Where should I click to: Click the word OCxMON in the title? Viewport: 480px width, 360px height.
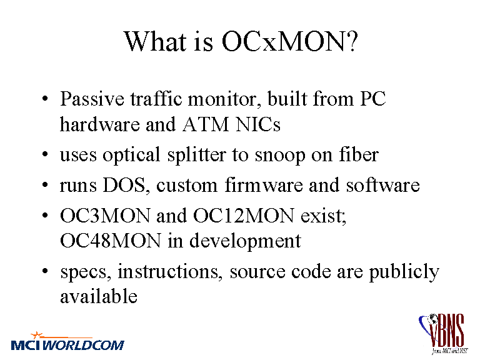pos(286,41)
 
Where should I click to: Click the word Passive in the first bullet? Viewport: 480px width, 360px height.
pos(92,99)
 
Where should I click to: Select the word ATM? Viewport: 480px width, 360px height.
pos(206,124)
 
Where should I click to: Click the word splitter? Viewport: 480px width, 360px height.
pos(197,155)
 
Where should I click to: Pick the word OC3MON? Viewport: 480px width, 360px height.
pos(105,216)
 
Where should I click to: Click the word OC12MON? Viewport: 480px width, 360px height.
pos(244,216)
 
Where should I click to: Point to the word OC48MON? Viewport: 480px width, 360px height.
pos(111,241)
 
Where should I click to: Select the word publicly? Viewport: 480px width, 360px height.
pos(404,272)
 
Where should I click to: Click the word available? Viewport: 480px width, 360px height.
pos(99,296)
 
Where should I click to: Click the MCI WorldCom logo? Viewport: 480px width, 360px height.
pos(67,342)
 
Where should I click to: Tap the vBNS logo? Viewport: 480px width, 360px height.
pos(443,334)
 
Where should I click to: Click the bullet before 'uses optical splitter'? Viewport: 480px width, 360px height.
pos(45,154)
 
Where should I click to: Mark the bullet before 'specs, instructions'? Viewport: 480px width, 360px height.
pos(45,271)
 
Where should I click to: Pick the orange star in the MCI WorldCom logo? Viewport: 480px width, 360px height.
pos(37,335)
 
